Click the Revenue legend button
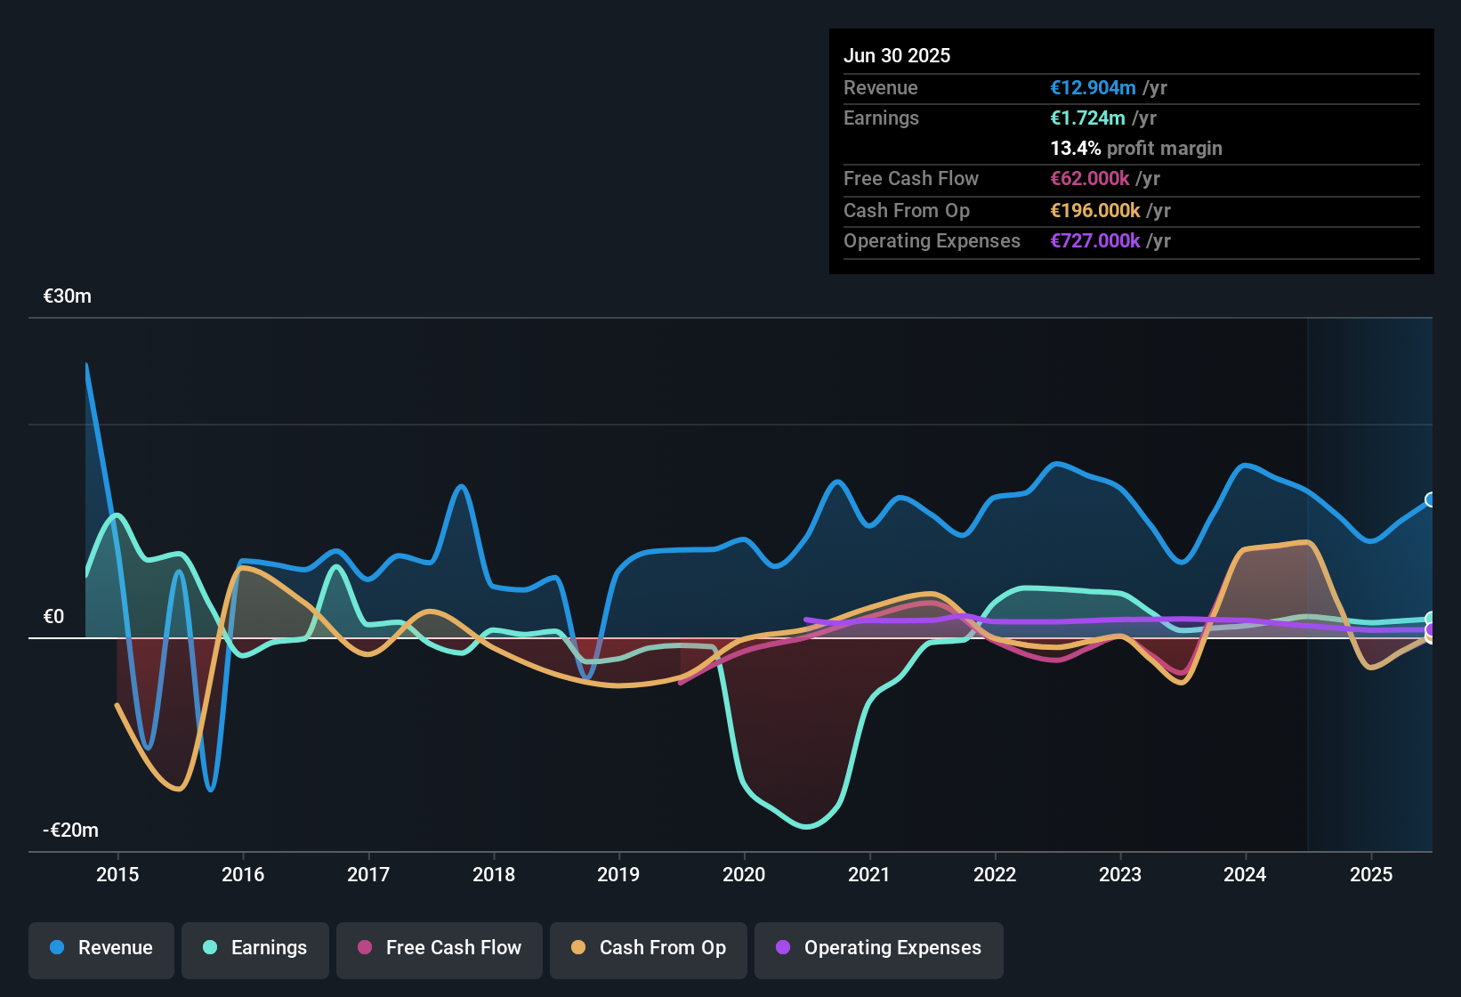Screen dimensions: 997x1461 click(101, 949)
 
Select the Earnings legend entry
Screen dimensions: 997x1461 click(255, 949)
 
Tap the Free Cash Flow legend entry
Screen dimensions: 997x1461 click(440, 949)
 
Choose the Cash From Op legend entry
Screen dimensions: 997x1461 click(649, 949)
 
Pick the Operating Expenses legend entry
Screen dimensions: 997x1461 click(879, 949)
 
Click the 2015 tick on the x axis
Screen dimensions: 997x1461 click(117, 875)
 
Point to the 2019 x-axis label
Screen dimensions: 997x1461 click(618, 875)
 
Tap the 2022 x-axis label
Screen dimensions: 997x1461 click(995, 875)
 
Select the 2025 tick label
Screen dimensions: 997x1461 click(1371, 875)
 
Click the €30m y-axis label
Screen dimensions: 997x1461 click(68, 296)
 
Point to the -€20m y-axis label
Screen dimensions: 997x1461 click(71, 831)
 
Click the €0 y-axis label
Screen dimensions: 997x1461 click(53, 617)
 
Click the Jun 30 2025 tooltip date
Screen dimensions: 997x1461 click(897, 56)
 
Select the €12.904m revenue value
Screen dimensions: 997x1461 click(1093, 88)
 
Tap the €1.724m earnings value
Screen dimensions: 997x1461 click(1087, 118)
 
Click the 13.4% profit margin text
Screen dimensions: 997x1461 click(1136, 149)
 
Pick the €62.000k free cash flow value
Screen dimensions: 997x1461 click(1090, 179)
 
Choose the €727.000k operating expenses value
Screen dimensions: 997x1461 click(1094, 241)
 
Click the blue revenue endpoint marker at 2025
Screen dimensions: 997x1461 click(1431, 499)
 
